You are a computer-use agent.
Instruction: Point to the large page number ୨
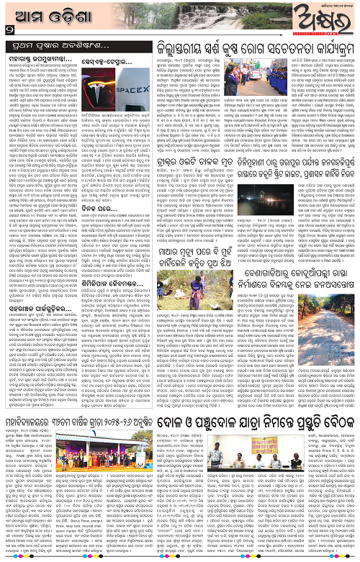point(8,30)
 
